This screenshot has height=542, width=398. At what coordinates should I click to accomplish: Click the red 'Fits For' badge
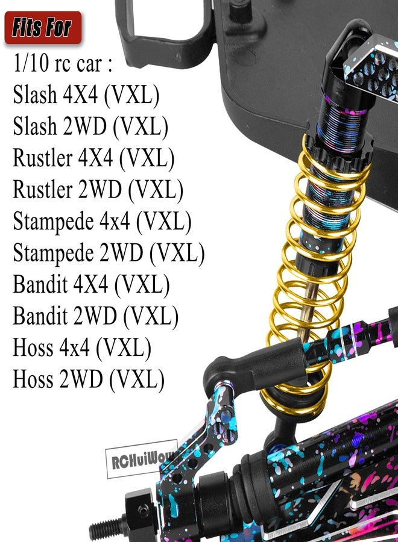point(43,28)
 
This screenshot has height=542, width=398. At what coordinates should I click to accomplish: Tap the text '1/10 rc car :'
point(63,64)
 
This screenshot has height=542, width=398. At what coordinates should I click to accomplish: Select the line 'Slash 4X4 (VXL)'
point(86,95)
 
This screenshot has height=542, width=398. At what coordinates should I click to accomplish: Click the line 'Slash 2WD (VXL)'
point(90,126)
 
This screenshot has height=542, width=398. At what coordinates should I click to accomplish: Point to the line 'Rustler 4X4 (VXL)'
point(93,158)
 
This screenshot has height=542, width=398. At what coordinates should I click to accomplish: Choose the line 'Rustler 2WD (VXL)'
point(98,190)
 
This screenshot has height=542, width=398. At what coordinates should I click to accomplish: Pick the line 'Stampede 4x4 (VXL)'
point(102,221)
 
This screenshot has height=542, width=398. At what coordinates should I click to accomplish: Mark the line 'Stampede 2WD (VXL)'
point(109,253)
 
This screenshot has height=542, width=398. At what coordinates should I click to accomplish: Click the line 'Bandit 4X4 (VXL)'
point(92,284)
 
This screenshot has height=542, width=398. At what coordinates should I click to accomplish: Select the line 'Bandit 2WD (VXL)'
point(95,316)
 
